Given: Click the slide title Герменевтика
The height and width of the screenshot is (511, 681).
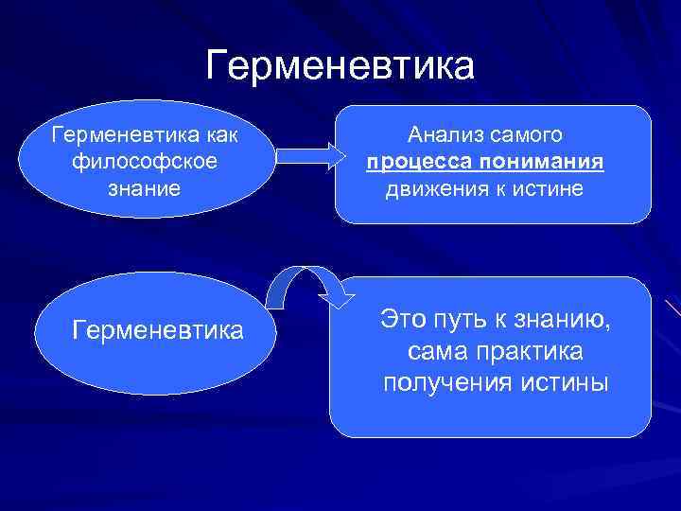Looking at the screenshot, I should coord(340,66).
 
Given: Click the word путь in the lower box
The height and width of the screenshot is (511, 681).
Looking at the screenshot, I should coord(469,319).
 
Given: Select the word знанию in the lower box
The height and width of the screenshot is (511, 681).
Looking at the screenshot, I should coord(571,319).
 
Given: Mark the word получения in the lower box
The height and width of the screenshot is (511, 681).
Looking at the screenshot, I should coord(442,384).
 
